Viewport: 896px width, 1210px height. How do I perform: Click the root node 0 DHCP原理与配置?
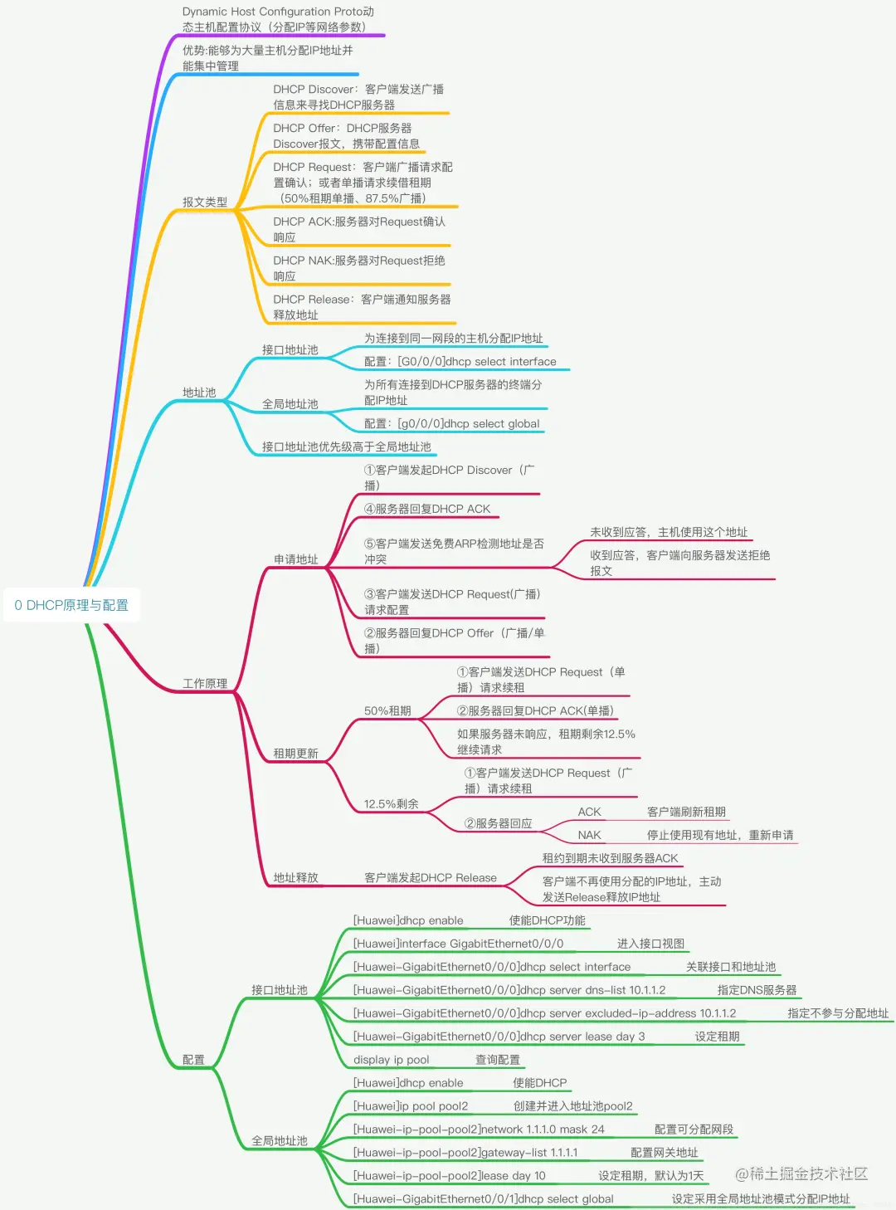point(71,605)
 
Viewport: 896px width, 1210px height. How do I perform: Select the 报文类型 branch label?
point(205,202)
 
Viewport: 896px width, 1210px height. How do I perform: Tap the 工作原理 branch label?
point(205,684)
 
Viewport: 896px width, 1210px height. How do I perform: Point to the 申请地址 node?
point(296,559)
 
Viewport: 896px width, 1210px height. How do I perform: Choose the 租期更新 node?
point(296,754)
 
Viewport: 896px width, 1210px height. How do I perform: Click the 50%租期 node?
point(387,711)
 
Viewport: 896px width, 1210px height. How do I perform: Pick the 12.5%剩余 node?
point(391,804)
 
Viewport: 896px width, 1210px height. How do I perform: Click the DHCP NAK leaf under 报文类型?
point(359,268)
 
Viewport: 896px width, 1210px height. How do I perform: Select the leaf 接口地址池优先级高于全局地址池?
point(347,446)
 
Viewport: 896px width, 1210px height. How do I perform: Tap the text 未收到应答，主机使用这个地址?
point(669,532)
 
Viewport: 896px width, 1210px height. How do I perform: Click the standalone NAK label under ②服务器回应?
point(589,835)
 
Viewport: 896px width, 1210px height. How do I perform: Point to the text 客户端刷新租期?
point(686,812)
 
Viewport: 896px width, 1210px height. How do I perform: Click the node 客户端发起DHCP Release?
point(431,878)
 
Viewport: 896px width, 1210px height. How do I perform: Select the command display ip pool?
point(392,1060)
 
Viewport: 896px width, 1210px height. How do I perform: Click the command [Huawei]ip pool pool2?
point(411,1106)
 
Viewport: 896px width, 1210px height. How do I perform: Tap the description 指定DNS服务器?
point(757,990)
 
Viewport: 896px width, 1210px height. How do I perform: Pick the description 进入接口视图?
point(651,944)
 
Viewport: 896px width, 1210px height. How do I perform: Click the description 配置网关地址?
point(665,1153)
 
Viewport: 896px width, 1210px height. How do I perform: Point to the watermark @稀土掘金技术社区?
point(801,1173)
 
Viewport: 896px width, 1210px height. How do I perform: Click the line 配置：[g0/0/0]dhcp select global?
point(452,423)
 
